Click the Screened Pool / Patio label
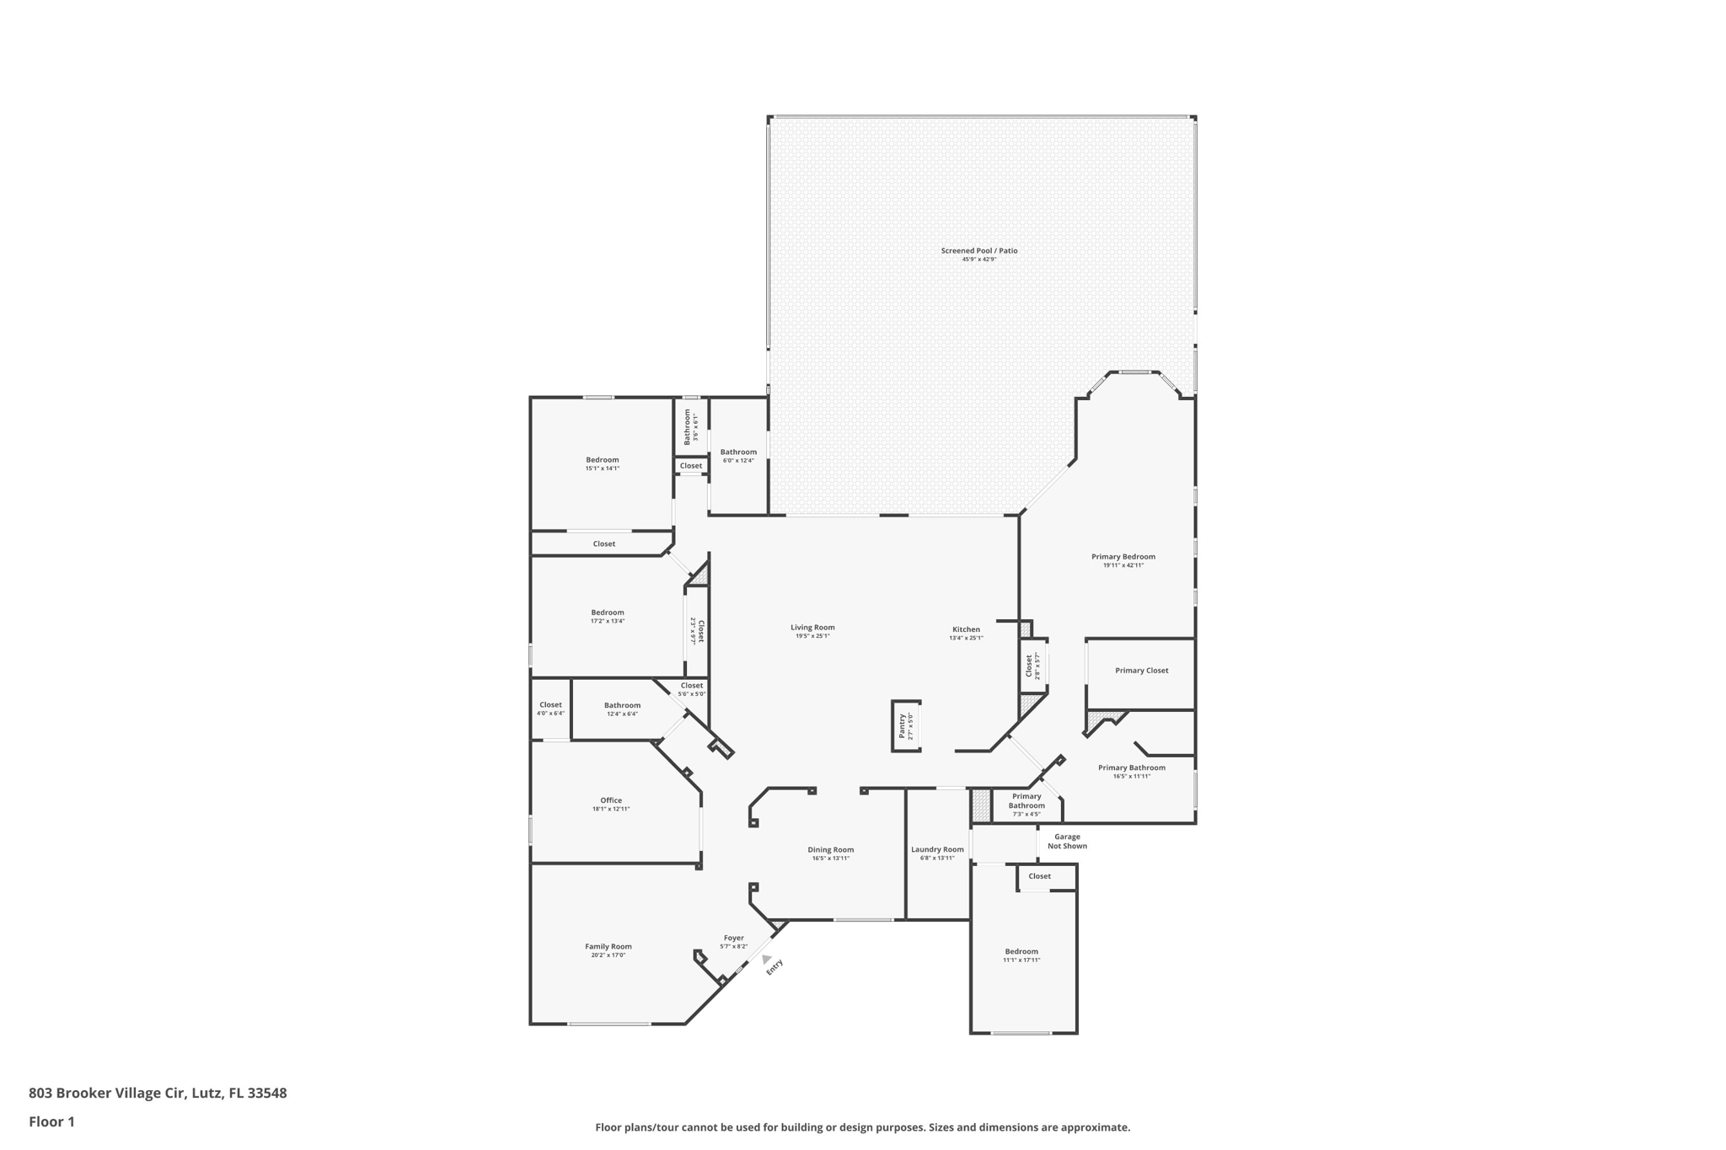pos(978,250)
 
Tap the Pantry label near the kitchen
pos(902,725)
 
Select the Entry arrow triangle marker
pos(765,959)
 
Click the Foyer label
pos(733,938)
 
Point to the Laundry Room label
pos(937,849)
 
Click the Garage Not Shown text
pos(1067,841)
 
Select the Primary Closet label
pos(1141,671)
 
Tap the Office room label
pos(611,800)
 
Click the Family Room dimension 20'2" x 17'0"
pos(608,955)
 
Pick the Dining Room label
pos(830,850)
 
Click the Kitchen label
pos(966,629)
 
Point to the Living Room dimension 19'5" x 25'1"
pos(812,636)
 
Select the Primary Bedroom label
pos(1123,557)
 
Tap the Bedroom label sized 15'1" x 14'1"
pos(602,460)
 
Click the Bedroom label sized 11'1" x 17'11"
pos(1021,951)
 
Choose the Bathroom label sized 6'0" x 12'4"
pos(738,452)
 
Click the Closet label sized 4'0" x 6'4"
pos(550,705)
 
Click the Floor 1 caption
pos(51,1121)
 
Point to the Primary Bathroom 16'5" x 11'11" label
pos(1131,768)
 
